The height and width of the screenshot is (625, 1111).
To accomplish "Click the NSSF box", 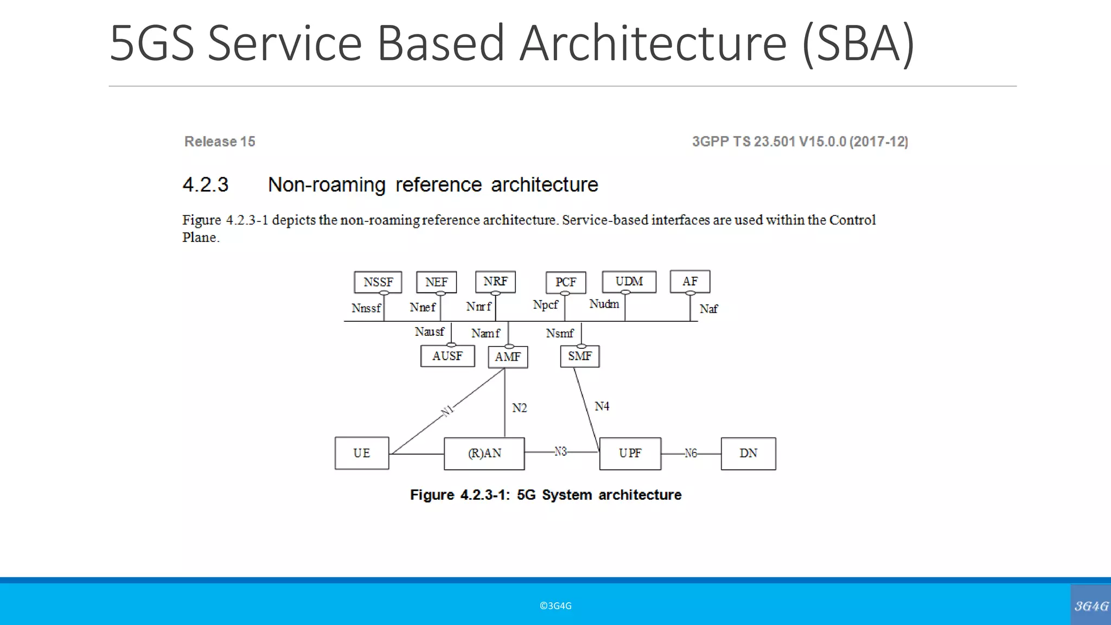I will [378, 282].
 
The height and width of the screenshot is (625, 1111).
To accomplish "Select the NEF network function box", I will [436, 282].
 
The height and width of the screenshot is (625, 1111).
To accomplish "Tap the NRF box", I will [495, 282].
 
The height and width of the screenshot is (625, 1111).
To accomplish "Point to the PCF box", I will [565, 282].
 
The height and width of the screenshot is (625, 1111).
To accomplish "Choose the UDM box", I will [629, 282].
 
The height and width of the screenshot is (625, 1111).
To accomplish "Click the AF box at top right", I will [689, 282].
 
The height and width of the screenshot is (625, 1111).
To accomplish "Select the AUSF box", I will [448, 356].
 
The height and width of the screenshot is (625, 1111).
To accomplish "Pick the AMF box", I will [508, 357].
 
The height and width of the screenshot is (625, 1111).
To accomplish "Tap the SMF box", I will [579, 356].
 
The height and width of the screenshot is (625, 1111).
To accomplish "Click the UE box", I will [362, 453].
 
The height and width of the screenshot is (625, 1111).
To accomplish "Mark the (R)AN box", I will [484, 454].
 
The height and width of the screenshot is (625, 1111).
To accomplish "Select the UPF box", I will [630, 454].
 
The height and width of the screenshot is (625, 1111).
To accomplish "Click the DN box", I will [748, 454].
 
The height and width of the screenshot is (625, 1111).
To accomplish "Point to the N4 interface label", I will [602, 406].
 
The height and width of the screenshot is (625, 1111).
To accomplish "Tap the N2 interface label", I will [519, 408].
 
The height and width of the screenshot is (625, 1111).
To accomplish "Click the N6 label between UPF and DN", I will [690, 453].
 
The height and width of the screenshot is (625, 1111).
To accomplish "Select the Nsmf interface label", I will [559, 333].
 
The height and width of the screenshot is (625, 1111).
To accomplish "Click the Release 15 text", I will [220, 142].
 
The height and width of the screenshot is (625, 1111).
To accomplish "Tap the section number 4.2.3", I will [206, 185].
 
